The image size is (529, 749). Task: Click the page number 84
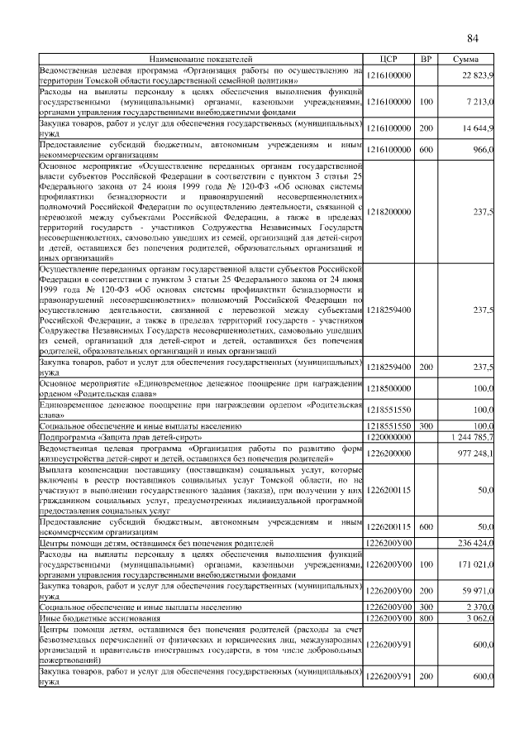(x=472, y=39)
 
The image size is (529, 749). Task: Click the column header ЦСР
(x=388, y=60)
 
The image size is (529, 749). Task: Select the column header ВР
(x=426, y=60)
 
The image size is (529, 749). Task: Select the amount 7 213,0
(x=479, y=101)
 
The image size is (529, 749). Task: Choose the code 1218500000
(x=388, y=387)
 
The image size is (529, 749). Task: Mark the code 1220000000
(x=388, y=435)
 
